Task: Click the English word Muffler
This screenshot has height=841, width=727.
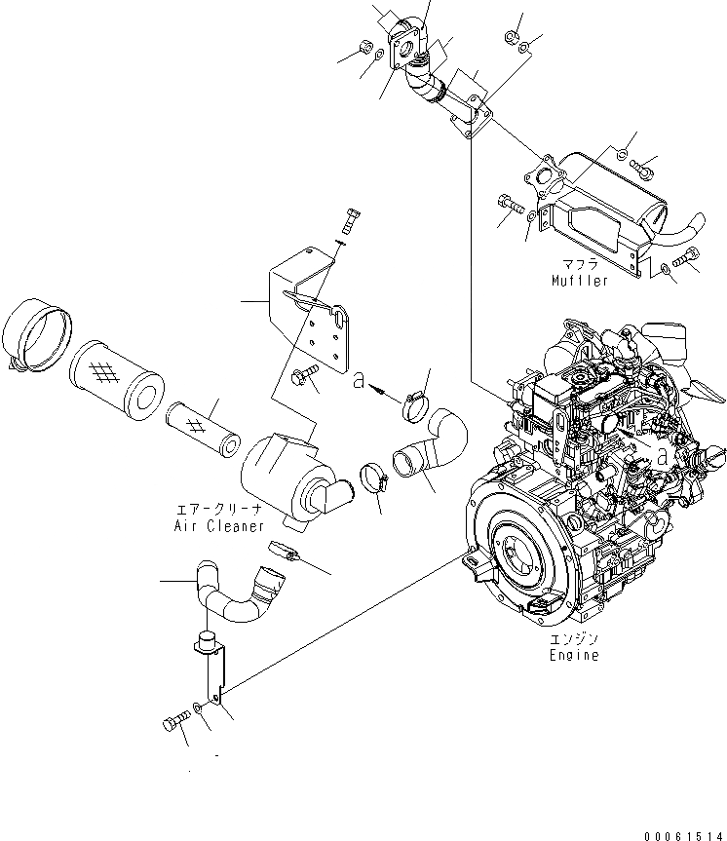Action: click(580, 281)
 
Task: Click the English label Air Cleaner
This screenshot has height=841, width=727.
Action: click(220, 525)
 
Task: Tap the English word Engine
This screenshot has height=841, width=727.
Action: click(572, 655)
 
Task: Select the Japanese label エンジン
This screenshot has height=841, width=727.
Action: click(572, 639)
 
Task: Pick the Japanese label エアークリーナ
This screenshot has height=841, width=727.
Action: click(218, 510)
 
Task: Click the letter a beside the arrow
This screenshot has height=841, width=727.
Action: click(361, 383)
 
